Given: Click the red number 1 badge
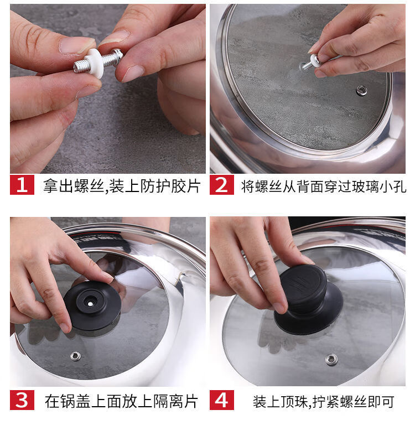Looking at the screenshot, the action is (x=22, y=185).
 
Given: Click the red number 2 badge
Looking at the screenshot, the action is (x=222, y=185).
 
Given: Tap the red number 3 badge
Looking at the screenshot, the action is (x=22, y=400).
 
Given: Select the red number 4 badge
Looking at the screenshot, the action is (x=222, y=400).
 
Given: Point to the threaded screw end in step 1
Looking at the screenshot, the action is (x=80, y=66).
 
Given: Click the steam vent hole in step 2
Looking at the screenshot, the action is (x=361, y=91).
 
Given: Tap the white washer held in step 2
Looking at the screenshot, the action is (x=315, y=61).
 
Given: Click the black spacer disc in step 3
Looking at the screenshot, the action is (x=92, y=306).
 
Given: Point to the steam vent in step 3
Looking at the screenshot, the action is (x=75, y=356).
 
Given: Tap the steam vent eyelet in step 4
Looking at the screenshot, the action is (x=331, y=360).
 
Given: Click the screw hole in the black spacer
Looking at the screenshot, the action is (x=90, y=303).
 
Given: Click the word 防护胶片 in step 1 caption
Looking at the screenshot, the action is (x=170, y=186).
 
